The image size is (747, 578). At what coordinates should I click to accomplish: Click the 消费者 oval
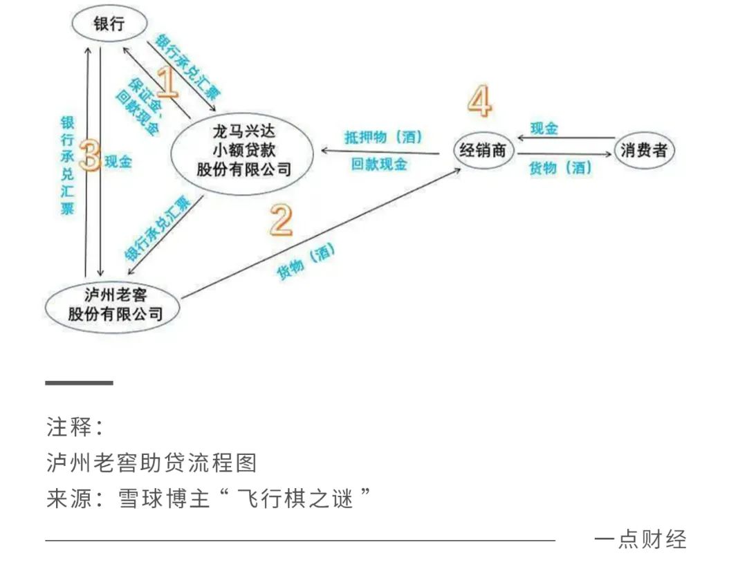(644, 151)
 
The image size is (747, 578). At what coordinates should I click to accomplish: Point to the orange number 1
(166, 82)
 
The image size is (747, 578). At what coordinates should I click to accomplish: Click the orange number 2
(281, 221)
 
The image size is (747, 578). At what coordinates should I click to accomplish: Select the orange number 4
(479, 102)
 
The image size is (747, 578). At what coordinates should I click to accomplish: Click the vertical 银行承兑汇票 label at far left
(67, 165)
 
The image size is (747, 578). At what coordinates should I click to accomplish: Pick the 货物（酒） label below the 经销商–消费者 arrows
(561, 168)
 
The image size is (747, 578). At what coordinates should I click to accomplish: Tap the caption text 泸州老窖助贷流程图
(151, 463)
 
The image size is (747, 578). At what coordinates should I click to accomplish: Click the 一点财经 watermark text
(640, 539)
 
